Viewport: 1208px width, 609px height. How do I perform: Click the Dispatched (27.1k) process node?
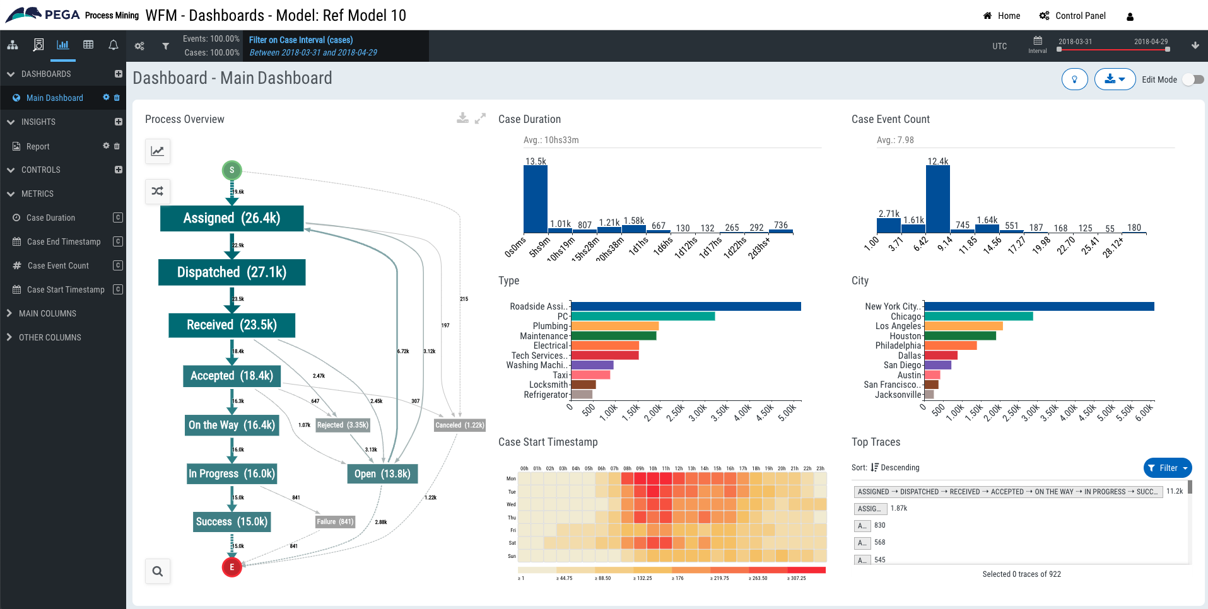coord(232,272)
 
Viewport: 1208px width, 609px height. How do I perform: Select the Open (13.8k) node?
coord(382,473)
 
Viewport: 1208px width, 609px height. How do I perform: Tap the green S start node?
coord(232,170)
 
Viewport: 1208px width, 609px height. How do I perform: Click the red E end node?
coord(232,567)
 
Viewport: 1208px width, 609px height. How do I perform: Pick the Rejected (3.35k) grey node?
coord(343,425)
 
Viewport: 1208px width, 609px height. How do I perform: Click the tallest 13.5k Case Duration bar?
coord(535,199)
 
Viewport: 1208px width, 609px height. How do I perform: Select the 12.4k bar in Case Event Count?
coord(937,199)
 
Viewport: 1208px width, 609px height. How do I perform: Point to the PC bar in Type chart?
coord(642,316)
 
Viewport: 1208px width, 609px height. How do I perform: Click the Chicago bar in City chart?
coord(978,316)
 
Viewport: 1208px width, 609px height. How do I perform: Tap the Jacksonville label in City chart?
coord(898,395)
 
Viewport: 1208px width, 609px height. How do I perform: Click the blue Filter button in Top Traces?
coord(1167,468)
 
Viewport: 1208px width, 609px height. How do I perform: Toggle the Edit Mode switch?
coord(1193,79)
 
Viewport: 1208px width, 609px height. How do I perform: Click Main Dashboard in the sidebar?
coord(54,98)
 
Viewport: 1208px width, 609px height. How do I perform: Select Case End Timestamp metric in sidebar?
coord(64,241)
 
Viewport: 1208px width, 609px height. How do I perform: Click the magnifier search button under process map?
coord(158,571)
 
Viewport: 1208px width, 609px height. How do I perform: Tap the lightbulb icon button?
coord(1074,79)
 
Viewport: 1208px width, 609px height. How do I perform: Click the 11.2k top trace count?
coord(1174,491)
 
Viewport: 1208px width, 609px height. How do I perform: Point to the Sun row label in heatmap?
coord(512,556)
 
